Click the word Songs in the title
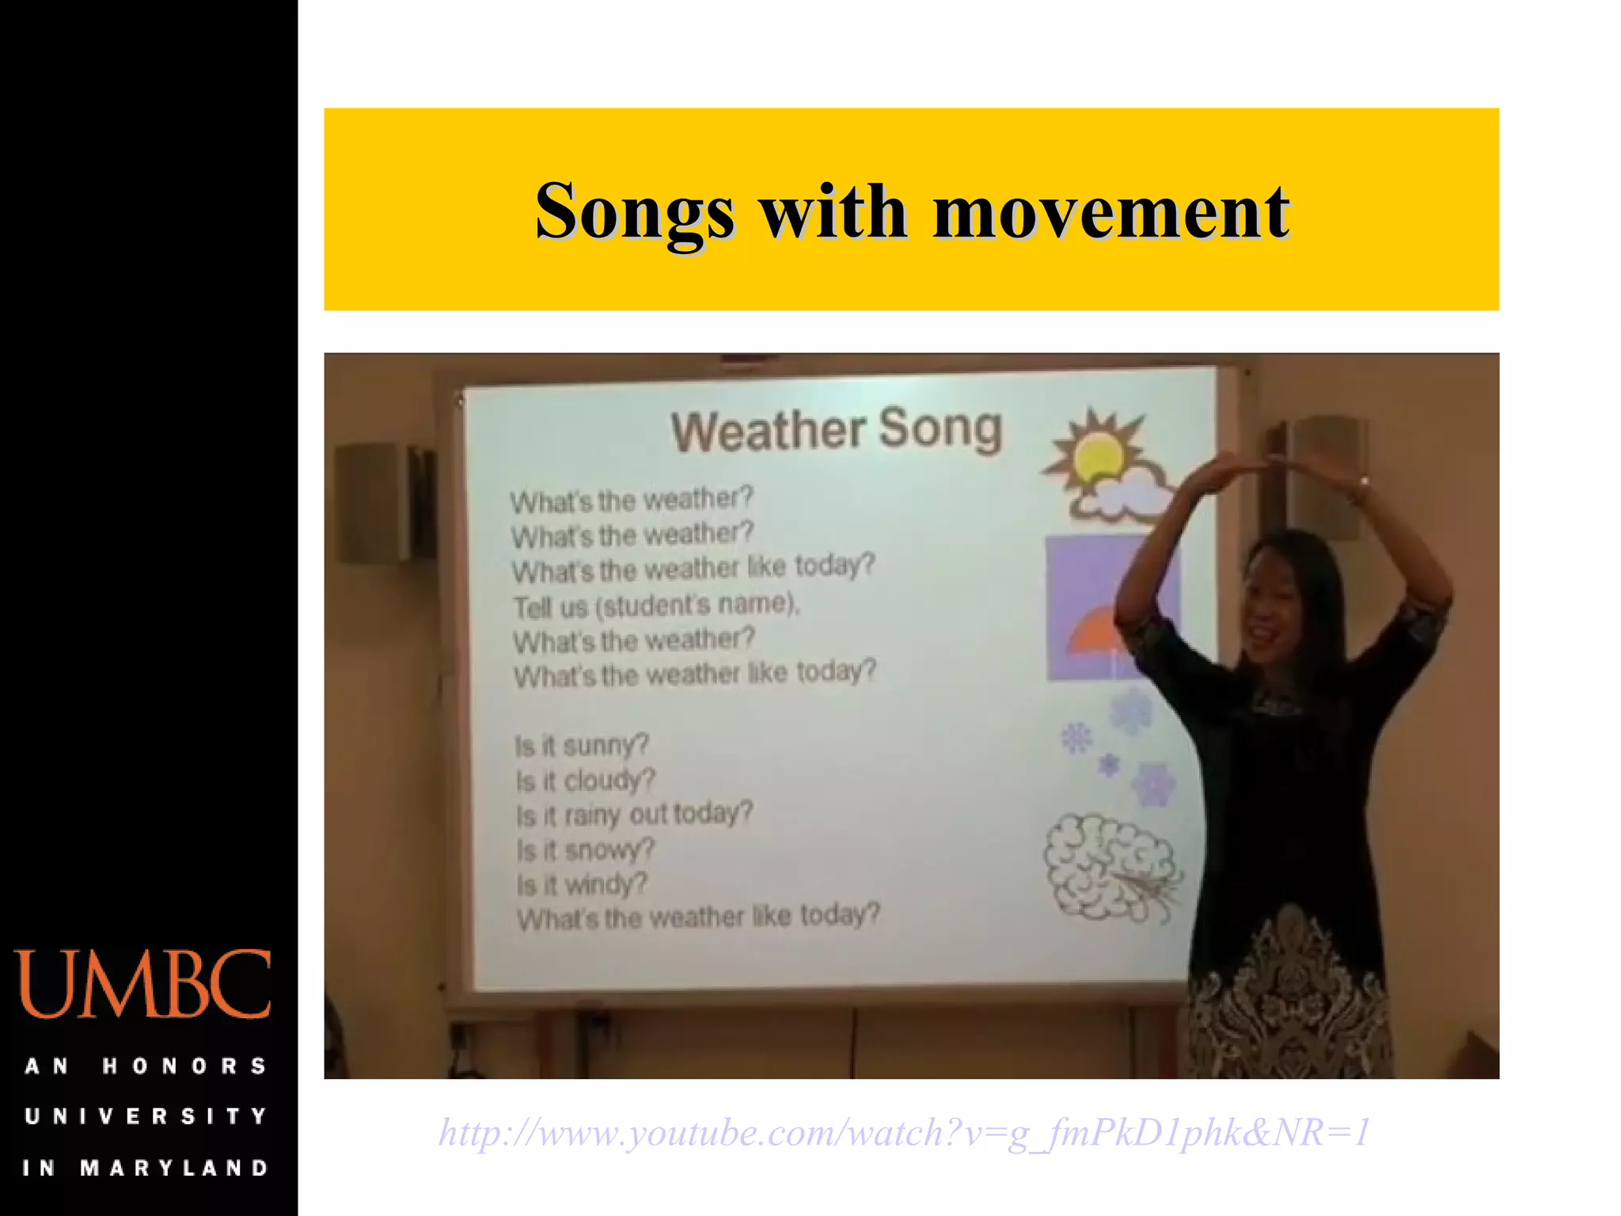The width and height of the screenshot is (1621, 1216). [x=634, y=212]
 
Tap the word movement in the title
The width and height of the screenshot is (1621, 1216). [x=1111, y=212]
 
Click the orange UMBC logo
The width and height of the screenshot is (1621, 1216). [x=143, y=984]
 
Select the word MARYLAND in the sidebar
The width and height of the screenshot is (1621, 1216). [x=175, y=1168]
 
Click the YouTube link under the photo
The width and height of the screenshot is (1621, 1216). [x=904, y=1132]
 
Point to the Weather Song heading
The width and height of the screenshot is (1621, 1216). [x=837, y=430]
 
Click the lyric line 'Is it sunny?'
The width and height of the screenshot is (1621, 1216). [x=582, y=745]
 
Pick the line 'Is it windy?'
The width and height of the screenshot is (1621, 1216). [x=582, y=883]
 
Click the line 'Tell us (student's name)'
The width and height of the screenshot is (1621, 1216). [x=656, y=606]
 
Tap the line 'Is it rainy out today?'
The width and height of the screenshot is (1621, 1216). [x=634, y=814]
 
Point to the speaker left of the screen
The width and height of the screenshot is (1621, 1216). [x=384, y=502]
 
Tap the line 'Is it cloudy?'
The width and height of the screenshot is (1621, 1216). [x=585, y=780]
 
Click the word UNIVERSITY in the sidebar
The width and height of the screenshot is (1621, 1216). [x=146, y=1116]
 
